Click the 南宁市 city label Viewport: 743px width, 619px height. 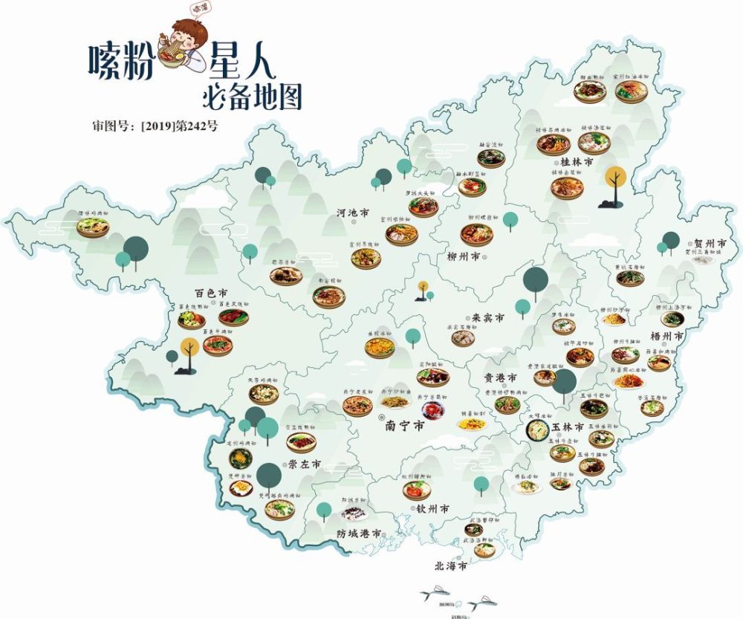coord(405,427)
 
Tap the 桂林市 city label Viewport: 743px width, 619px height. coord(577,161)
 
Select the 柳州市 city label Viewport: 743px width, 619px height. coord(463,257)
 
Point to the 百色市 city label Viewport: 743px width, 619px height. coord(190,295)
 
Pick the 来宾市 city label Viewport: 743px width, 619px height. coord(488,317)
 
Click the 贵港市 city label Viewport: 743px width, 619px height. coord(500,377)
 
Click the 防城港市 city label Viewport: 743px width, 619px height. coord(358,534)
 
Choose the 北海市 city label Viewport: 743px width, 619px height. coord(451,565)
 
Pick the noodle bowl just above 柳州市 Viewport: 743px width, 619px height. coord(476,234)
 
